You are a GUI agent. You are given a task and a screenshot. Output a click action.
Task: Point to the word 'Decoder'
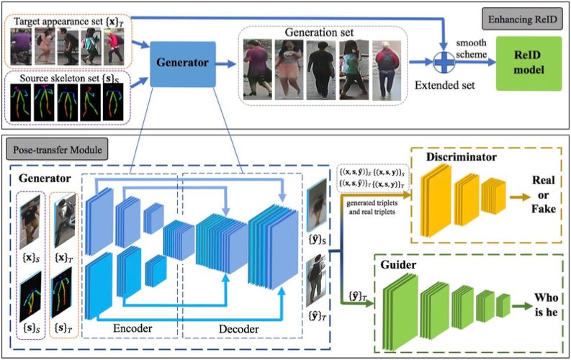pos(240,329)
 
